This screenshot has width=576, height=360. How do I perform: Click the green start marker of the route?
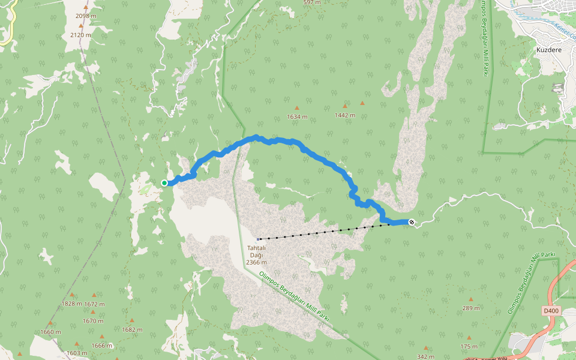click(164, 182)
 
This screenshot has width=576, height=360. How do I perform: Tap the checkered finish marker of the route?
click(412, 223)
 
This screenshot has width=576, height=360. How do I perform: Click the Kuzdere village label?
click(548, 50)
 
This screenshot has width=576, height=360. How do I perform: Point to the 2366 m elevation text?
click(256, 262)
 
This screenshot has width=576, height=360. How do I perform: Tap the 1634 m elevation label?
click(297, 116)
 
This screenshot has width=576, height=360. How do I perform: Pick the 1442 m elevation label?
click(345, 114)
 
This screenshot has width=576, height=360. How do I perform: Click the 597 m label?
click(312, 2)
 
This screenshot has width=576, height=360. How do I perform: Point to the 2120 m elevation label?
click(80, 35)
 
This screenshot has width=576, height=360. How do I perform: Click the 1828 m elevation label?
click(71, 304)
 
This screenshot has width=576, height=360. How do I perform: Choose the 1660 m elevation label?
click(50, 332)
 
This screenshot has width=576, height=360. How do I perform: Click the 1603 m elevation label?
click(77, 353)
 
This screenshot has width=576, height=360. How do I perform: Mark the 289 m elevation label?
click(471, 308)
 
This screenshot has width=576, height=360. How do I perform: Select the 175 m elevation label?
click(469, 347)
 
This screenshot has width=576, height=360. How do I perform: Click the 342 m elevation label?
click(425, 356)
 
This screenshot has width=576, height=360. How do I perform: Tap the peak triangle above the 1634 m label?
click(296, 108)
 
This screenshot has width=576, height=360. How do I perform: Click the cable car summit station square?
click(258, 239)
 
